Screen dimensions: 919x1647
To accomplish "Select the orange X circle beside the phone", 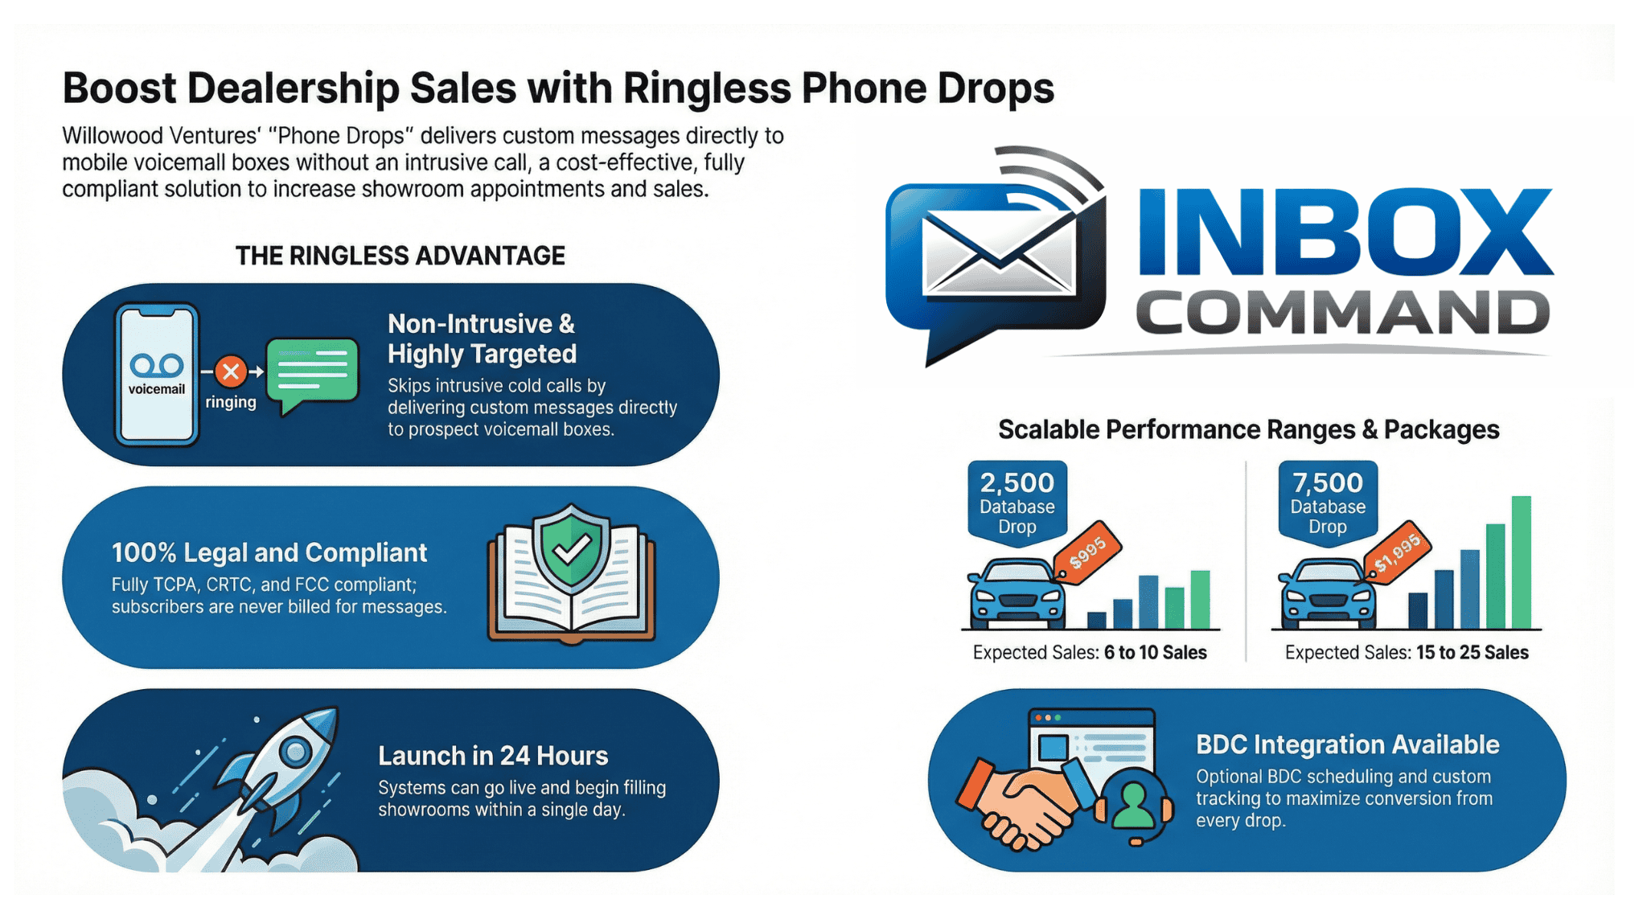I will click(x=231, y=371).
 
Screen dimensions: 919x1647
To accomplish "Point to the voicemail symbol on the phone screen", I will click(x=157, y=366).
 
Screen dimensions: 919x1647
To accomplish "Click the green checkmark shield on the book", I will click(x=571, y=546).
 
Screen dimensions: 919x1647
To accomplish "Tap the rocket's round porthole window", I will click(x=295, y=752).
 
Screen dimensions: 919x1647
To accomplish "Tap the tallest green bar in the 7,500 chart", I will click(x=1521, y=562).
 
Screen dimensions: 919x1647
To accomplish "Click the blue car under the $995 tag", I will click(x=1017, y=596).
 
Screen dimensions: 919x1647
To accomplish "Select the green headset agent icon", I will click(x=1134, y=804).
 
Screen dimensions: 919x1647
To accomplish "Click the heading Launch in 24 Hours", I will click(x=493, y=756).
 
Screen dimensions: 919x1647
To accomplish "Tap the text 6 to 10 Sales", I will click(x=1155, y=653).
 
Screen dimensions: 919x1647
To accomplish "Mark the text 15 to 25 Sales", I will click(x=1472, y=653).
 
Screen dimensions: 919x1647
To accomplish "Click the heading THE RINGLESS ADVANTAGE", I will click(x=400, y=256).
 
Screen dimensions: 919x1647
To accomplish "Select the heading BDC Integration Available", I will click(x=1347, y=745).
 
